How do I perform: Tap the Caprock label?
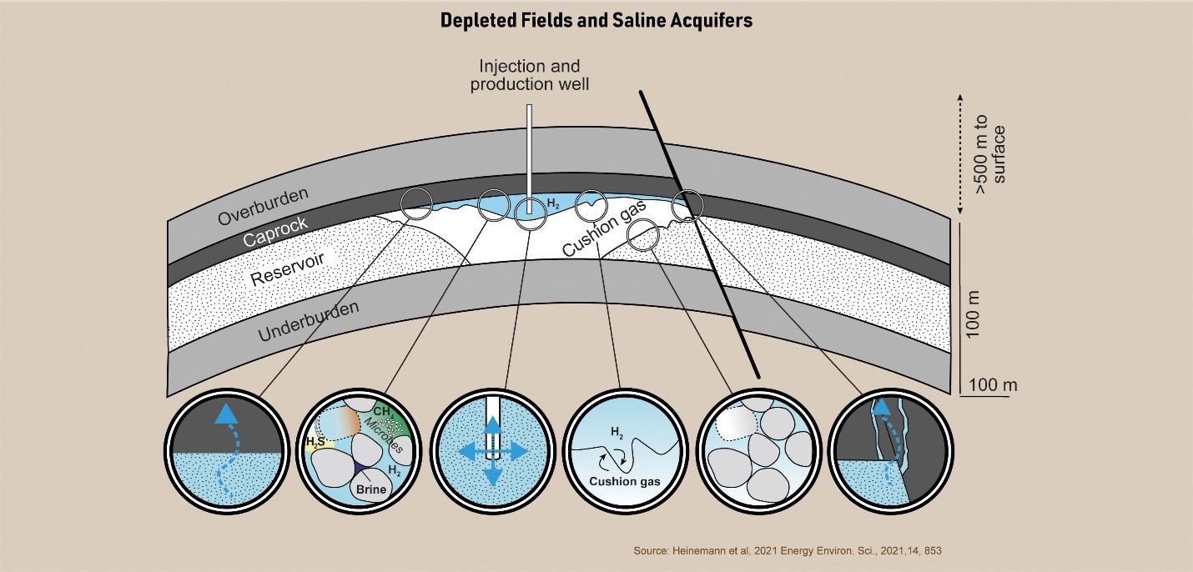(x=276, y=233)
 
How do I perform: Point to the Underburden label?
(x=309, y=322)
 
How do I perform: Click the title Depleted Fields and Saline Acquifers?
(x=596, y=20)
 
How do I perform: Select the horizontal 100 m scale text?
(x=993, y=384)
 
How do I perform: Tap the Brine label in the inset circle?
(x=371, y=489)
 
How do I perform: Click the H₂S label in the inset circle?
(x=315, y=440)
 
